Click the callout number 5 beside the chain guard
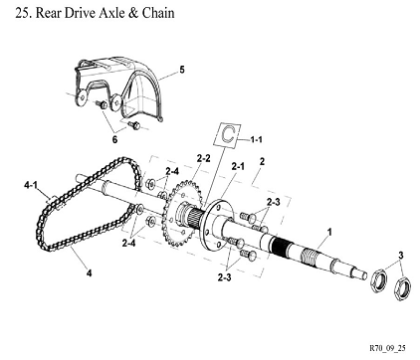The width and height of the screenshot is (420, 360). point(182,70)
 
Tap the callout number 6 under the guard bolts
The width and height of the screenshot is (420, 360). point(114,139)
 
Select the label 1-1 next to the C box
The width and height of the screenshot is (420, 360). point(256,139)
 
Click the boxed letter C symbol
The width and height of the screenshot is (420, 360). point(228,134)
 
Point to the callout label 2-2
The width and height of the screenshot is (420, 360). point(203,158)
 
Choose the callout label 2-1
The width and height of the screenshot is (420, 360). point(238,166)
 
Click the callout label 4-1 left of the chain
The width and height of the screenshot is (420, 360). point(31,185)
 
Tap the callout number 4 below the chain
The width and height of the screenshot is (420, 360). point(89,273)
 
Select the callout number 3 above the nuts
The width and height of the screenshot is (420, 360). point(401,256)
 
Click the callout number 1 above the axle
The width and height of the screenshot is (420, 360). point(329,232)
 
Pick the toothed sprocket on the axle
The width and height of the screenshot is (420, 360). point(181,213)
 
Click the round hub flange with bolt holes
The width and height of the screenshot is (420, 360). point(218,227)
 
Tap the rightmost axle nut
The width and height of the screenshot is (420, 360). point(402,288)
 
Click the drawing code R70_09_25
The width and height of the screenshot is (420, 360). point(387,348)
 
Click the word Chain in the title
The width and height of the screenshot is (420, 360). point(158,13)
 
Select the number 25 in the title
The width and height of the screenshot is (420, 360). point(22,13)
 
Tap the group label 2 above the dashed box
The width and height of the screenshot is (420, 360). point(262,161)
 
